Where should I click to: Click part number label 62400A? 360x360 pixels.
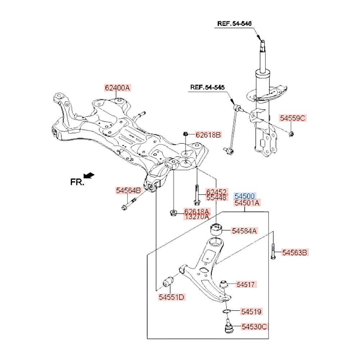coord(117,87)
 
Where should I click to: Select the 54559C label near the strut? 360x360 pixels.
coord(293,118)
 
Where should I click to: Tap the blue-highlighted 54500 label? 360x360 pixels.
coord(245,196)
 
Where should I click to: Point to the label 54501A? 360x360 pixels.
coord(247,203)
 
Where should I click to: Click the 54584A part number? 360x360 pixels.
coord(244,231)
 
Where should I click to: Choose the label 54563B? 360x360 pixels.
coord(294,253)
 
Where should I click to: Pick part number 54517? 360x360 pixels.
coord(246,284)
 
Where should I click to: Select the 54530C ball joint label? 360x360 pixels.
coord(255,327)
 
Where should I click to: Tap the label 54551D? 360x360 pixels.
coord(171,297)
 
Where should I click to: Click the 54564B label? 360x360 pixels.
coord(129,190)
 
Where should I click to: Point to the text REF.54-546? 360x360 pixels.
coord(234,24)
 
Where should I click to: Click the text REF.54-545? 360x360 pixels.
coord(207,87)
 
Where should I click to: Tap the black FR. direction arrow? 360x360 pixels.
coord(89,175)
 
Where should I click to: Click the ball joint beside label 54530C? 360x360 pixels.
coord(228,328)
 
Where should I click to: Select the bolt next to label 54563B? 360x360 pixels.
coord(273,252)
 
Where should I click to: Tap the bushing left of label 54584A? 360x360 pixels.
coord(216,228)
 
